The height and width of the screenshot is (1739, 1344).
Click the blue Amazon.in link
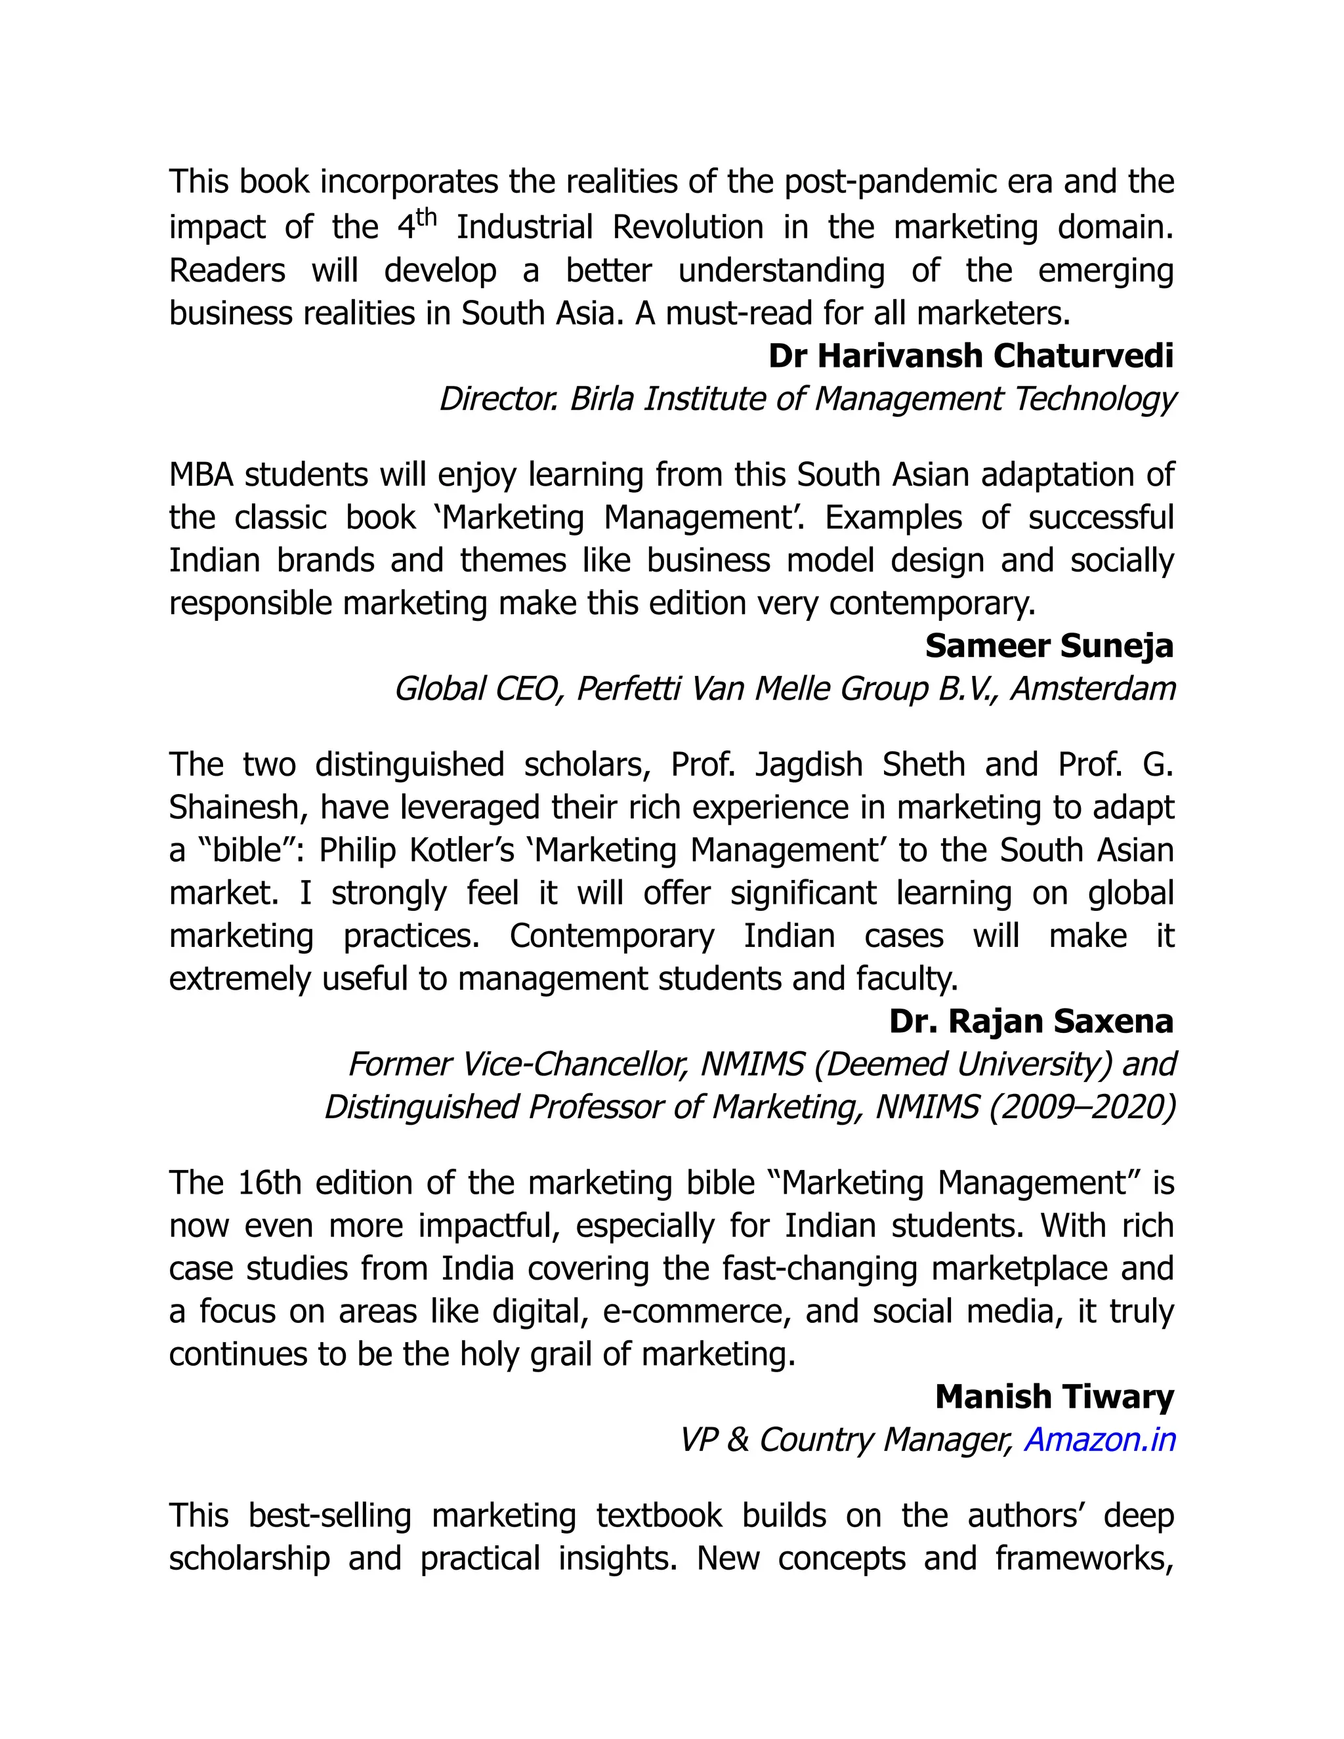[1100, 1440]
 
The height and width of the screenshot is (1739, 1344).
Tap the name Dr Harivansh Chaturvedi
[971, 356]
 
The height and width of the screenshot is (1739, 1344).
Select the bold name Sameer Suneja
[1049, 646]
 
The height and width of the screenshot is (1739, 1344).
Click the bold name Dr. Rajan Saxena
[1031, 1021]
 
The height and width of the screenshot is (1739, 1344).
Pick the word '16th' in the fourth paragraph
[269, 1183]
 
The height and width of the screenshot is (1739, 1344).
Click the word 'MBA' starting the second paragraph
[201, 474]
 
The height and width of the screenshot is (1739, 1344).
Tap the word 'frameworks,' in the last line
[1084, 1559]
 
